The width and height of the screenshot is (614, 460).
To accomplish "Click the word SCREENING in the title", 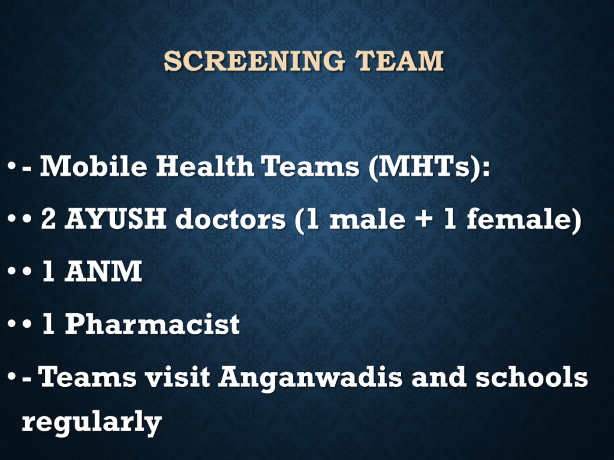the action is (x=254, y=61).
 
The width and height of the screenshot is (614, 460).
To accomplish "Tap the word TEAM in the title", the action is (x=399, y=61).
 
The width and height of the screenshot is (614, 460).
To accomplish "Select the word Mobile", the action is (x=94, y=166).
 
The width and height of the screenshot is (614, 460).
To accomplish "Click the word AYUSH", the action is (x=116, y=219).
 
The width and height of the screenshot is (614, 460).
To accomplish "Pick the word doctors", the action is (x=231, y=219).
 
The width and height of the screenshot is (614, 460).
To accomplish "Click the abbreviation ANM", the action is (x=103, y=271).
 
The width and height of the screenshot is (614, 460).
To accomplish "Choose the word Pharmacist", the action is (x=152, y=324).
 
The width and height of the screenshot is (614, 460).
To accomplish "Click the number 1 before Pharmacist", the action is (x=48, y=324).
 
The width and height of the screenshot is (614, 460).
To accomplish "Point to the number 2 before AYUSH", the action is (x=48, y=219).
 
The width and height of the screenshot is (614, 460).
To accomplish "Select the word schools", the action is (x=531, y=376).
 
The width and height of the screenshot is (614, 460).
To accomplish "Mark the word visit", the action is (x=177, y=376).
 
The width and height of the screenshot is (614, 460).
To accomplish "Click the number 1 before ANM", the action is (x=48, y=271).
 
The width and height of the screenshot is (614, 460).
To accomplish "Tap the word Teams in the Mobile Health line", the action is (x=311, y=166).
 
